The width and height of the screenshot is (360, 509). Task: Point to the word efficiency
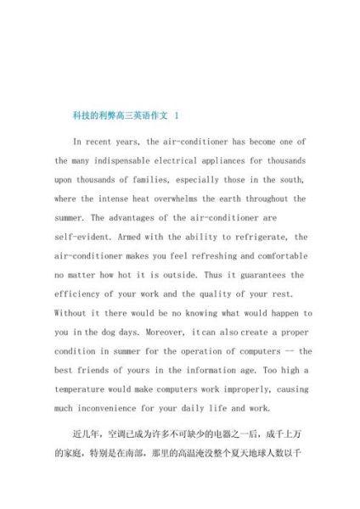[x=84, y=294]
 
